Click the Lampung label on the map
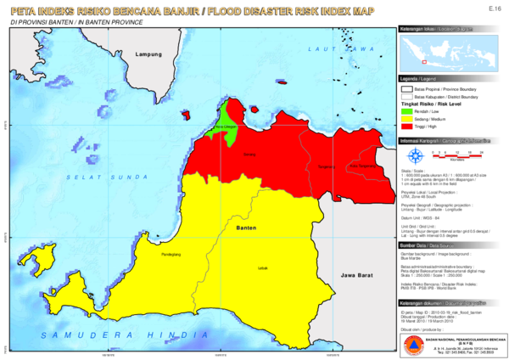148,53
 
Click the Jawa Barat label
357,276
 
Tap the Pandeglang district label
172,253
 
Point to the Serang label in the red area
249,155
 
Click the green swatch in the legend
407,111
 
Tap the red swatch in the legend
407,127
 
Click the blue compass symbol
415,157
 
